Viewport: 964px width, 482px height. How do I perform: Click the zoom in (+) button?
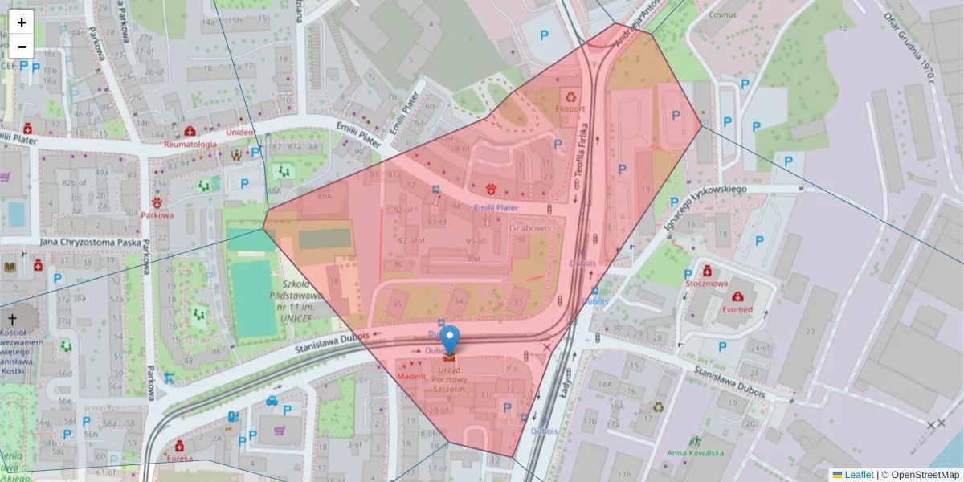[22, 22]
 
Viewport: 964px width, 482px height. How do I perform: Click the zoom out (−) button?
[22, 47]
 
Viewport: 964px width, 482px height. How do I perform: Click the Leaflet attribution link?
[858, 475]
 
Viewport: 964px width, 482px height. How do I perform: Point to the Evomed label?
[737, 309]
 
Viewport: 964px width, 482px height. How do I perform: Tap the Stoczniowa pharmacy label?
[707, 284]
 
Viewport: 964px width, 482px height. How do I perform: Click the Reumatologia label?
[190, 145]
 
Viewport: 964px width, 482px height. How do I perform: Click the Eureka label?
[180, 459]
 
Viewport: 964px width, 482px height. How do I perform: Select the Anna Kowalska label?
[696, 452]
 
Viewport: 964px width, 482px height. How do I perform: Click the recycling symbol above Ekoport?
[572, 95]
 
